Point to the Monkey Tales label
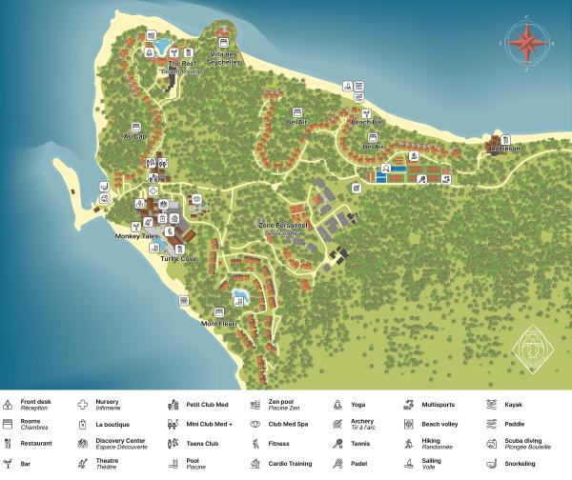[133, 236]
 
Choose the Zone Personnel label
[283, 227]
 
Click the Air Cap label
[134, 135]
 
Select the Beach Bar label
[367, 123]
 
